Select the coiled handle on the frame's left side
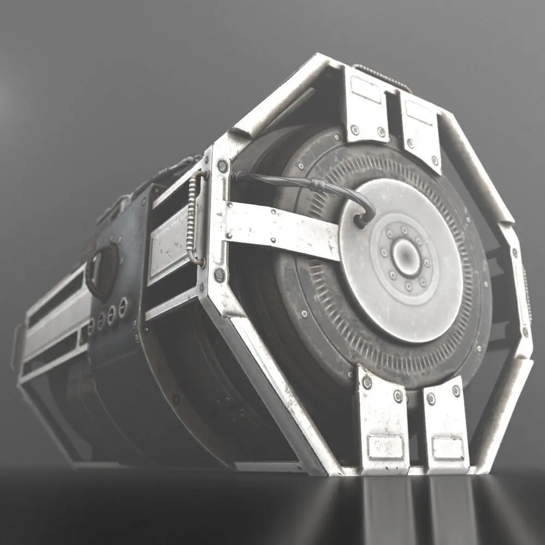[x=194, y=217]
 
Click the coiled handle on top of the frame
[x=381, y=76]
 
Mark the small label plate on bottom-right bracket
[x=448, y=448]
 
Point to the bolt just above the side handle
[x=222, y=165]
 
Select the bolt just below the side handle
[x=219, y=275]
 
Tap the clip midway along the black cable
[x=316, y=185]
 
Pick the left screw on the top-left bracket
[x=355, y=130]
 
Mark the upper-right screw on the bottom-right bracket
[x=456, y=391]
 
